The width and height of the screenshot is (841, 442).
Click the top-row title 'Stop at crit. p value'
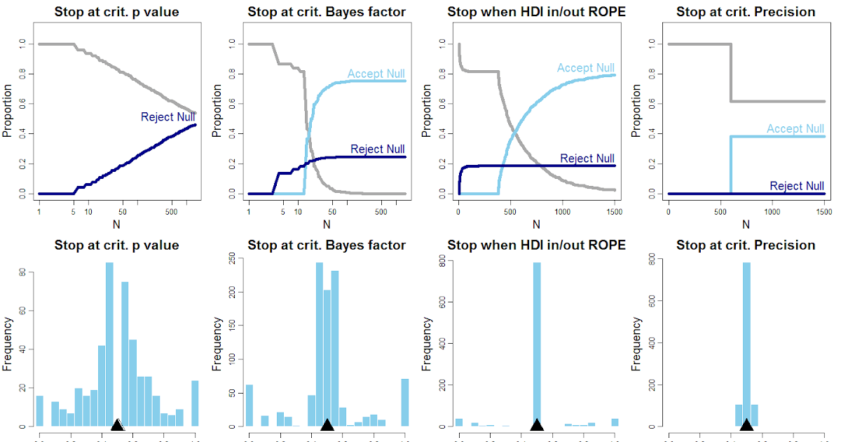[116, 12]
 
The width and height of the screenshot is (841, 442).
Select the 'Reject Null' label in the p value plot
[167, 116]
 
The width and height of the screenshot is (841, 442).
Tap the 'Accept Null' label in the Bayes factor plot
[376, 74]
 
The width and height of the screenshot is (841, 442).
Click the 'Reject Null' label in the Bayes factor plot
[377, 149]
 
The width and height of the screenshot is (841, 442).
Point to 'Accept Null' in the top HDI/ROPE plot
[585, 68]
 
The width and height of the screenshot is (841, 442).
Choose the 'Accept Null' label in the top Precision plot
[795, 128]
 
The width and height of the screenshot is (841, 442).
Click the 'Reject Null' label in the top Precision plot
[797, 186]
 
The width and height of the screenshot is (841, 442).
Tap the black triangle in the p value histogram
[118, 424]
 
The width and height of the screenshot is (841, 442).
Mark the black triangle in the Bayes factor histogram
[327, 424]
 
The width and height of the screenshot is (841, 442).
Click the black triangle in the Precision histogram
[746, 424]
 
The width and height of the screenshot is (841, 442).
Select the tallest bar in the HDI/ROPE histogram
[537, 344]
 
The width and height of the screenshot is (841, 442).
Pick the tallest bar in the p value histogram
[109, 344]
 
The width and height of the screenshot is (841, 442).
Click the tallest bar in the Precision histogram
[746, 344]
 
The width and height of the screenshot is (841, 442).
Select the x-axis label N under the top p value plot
[116, 225]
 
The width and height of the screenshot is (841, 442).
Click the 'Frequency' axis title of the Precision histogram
[637, 344]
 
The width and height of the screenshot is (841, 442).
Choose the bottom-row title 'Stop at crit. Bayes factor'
[327, 245]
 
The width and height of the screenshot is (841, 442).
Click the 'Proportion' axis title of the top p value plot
[8, 111]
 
